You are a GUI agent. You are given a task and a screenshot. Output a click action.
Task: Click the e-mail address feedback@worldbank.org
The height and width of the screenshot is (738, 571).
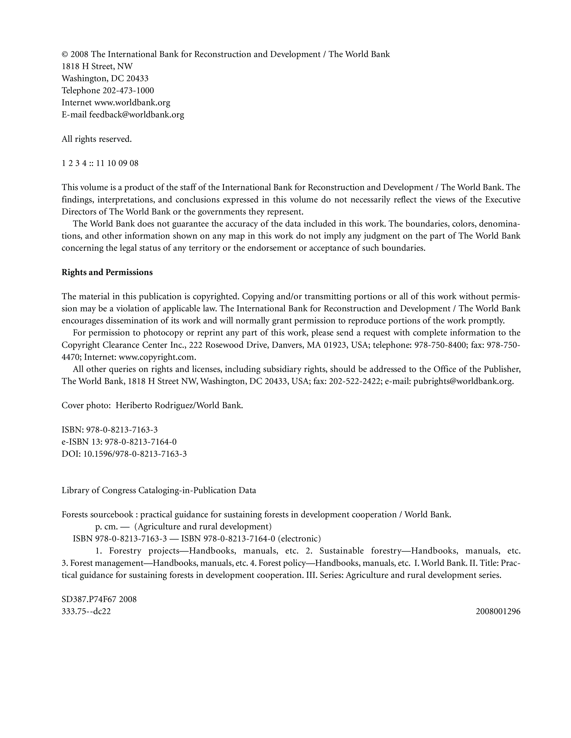tap(137, 115)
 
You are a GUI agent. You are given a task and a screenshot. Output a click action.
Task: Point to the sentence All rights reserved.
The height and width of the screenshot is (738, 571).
tap(97, 139)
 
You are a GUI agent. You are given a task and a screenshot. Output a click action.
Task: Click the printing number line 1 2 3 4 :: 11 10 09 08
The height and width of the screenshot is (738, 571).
tap(100, 163)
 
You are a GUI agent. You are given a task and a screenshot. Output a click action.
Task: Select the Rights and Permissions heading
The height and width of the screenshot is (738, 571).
tap(107, 272)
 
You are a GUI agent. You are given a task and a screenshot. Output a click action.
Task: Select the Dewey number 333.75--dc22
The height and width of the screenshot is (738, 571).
tap(86, 612)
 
